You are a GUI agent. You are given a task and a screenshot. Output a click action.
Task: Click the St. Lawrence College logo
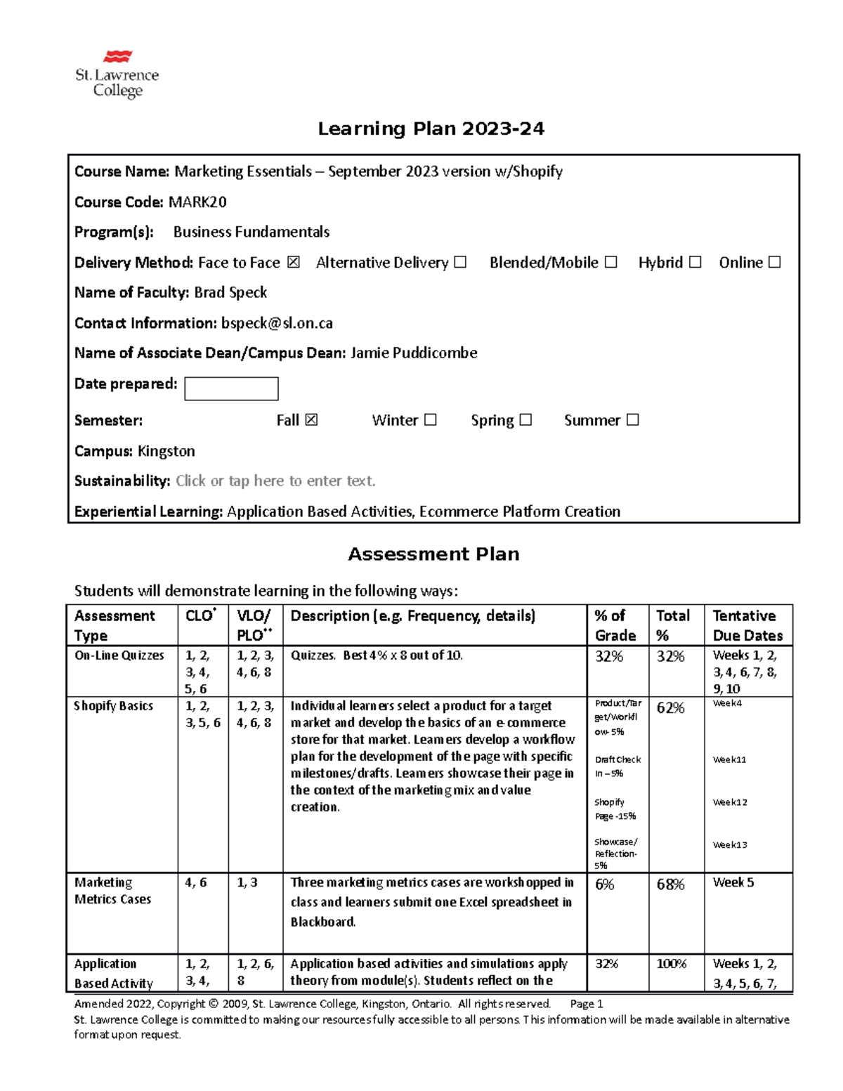tap(117, 74)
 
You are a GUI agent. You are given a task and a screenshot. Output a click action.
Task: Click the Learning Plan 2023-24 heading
tap(431, 129)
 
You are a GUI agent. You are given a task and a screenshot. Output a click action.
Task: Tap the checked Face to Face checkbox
tap(294, 262)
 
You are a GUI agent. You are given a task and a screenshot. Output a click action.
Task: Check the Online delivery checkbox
tap(774, 262)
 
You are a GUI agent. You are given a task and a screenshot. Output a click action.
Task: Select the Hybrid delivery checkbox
tap(695, 262)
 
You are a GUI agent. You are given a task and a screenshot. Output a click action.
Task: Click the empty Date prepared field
tap(231, 388)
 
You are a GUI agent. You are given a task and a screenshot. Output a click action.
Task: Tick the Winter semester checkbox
tap(431, 419)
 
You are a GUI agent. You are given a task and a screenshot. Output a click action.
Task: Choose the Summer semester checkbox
tap(632, 419)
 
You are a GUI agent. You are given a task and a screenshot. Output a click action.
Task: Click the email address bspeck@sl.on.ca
tap(277, 323)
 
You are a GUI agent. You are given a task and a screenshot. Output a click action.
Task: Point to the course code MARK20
tap(197, 202)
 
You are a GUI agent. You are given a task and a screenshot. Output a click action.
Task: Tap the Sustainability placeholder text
tap(275, 481)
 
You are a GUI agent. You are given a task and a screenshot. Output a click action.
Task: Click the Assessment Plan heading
tap(433, 554)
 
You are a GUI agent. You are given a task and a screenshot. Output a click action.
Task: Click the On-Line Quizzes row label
tap(119, 655)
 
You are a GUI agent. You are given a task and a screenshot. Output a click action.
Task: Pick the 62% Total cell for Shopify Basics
tap(670, 708)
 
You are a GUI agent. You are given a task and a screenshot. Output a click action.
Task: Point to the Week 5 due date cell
tap(733, 882)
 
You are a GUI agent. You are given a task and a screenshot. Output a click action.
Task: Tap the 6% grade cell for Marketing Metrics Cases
tap(604, 884)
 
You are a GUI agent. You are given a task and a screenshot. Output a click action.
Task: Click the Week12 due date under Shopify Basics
tap(730, 802)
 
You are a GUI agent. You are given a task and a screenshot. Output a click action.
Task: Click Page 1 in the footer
tap(587, 1004)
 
